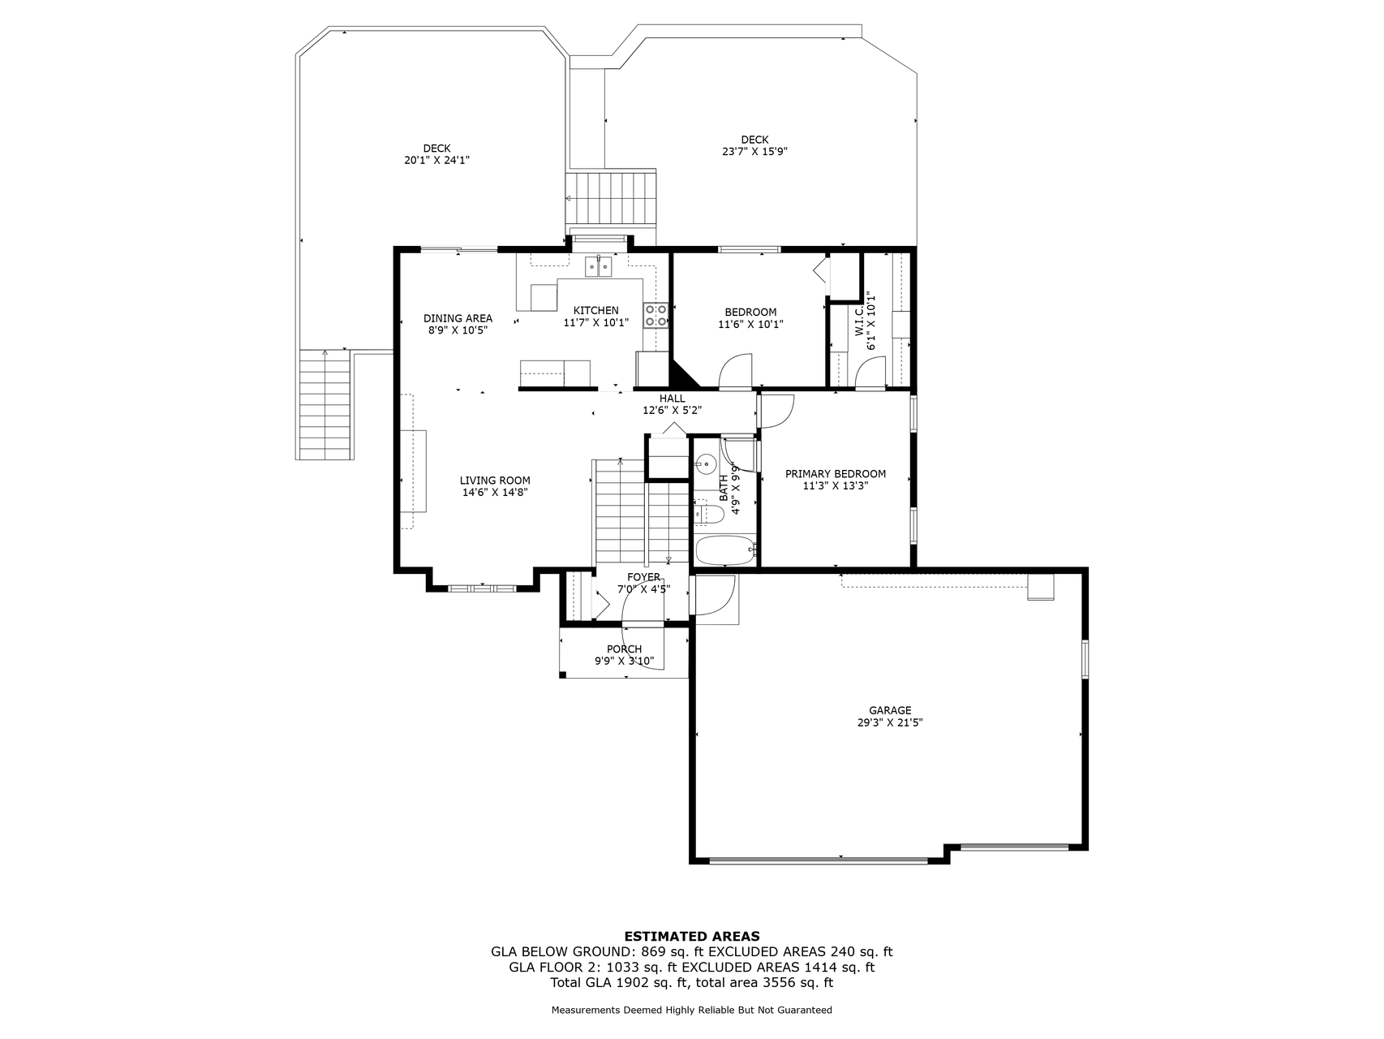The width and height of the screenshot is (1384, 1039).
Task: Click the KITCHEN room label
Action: (x=596, y=311)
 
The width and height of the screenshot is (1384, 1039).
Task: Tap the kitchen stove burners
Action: (x=656, y=315)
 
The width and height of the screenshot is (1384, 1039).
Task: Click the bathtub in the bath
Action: (x=726, y=551)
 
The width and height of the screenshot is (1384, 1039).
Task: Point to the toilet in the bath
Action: (x=709, y=514)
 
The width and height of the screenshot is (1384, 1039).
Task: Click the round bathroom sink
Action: (x=706, y=465)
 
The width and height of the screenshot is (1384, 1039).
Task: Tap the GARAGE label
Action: (x=890, y=710)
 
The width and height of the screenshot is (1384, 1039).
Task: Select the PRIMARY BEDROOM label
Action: (x=836, y=474)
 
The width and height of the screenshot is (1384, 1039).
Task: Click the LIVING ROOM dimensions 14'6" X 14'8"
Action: (x=495, y=492)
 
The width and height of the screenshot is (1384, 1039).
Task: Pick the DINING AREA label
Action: (x=458, y=318)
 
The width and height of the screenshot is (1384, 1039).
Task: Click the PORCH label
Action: (x=625, y=649)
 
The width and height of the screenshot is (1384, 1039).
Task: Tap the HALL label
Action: (x=673, y=399)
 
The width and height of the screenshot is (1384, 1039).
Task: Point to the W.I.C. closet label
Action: (x=859, y=321)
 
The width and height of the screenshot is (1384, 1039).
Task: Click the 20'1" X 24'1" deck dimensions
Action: (x=437, y=161)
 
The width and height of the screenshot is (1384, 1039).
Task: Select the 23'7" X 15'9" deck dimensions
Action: (x=755, y=151)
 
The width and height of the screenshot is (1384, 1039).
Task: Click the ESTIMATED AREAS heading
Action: (x=692, y=936)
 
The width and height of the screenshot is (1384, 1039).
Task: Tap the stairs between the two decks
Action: (x=610, y=199)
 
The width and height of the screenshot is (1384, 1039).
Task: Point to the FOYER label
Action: (x=643, y=577)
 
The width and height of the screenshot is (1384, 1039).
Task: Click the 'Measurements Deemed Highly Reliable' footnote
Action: (x=692, y=1010)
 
